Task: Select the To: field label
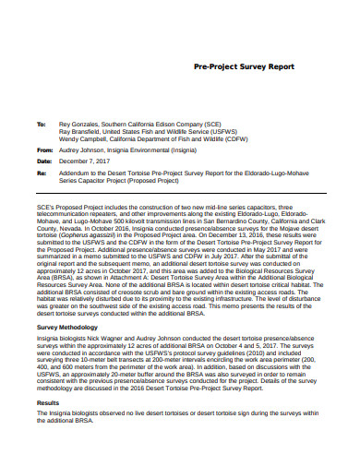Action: pos(41,123)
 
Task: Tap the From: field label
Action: pos(43,149)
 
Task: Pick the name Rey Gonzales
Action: pos(79,123)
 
